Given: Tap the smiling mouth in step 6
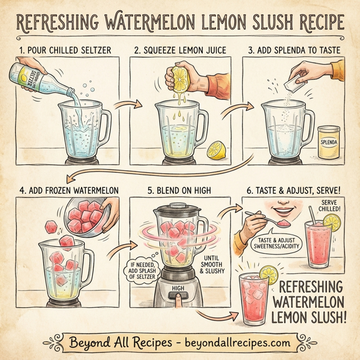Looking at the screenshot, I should pyautogui.click(x=282, y=213).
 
